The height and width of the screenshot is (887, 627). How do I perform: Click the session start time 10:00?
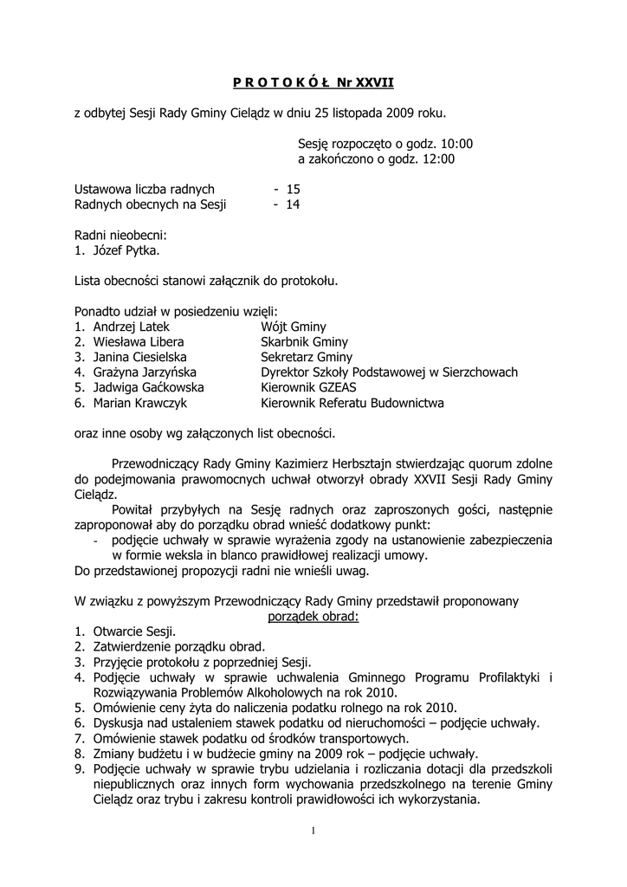[x=456, y=143]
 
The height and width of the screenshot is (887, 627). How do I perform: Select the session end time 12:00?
[x=438, y=159]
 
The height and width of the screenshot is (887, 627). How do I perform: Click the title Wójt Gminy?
[x=294, y=327]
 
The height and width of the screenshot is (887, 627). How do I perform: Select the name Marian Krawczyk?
[x=139, y=403]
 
